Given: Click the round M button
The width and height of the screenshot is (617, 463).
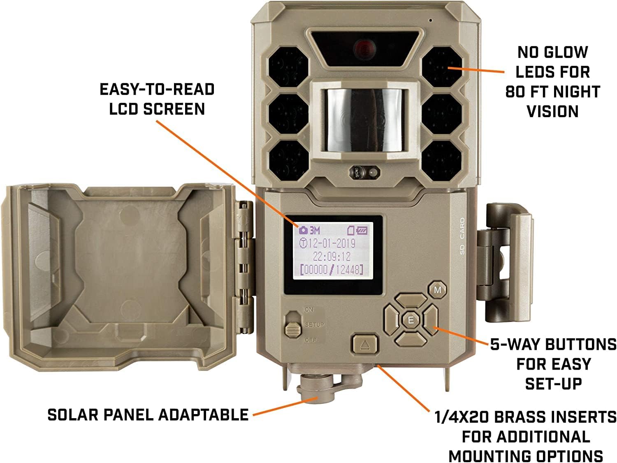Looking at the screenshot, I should point(438,290).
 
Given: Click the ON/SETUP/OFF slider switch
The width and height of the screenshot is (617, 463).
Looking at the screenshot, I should point(293,325).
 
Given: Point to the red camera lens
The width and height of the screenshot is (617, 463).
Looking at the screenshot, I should point(363,49).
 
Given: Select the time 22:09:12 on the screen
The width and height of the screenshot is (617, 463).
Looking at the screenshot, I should point(332,257).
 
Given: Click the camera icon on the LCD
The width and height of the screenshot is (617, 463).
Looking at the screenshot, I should point(303,230).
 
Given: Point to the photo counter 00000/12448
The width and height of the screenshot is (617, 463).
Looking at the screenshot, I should point(332,270).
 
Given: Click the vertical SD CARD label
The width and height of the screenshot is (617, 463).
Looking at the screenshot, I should point(462,236).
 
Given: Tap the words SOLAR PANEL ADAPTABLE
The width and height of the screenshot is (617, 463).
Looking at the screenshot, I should point(148,414).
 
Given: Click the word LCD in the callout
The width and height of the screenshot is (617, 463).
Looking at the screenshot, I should point(124,109).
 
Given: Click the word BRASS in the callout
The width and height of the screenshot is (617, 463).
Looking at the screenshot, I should point(522,417).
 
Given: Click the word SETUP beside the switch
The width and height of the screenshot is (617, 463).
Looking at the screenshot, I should point(314,325).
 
